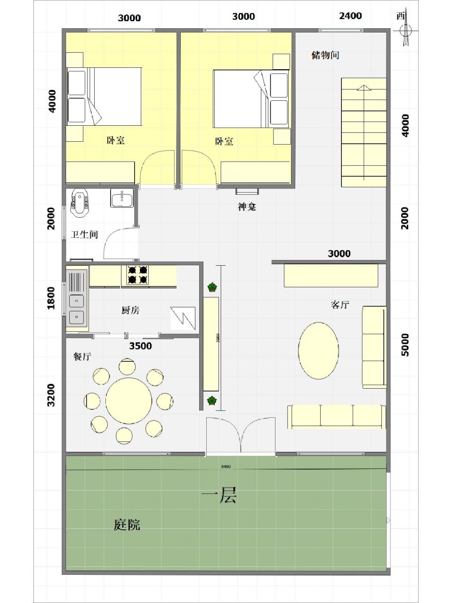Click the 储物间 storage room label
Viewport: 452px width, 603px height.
325,55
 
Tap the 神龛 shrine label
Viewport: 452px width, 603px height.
247,207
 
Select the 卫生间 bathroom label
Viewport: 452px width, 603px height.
84,234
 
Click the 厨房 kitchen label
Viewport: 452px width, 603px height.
130,310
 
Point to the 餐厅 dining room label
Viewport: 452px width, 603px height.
82,357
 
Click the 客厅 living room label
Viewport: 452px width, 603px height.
339,305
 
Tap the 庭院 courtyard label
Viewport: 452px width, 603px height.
127,524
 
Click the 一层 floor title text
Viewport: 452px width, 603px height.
219,495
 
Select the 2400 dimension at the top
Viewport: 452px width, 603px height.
350,16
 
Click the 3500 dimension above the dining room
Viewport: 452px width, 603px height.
140,346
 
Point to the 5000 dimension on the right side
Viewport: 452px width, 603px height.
405,345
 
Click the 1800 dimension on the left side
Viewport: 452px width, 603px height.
51,298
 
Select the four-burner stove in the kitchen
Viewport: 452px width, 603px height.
137,275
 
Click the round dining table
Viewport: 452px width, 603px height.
129,401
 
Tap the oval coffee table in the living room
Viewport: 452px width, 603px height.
318,350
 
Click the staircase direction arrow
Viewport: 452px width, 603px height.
363,88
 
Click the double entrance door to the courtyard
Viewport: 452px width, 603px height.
241,436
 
